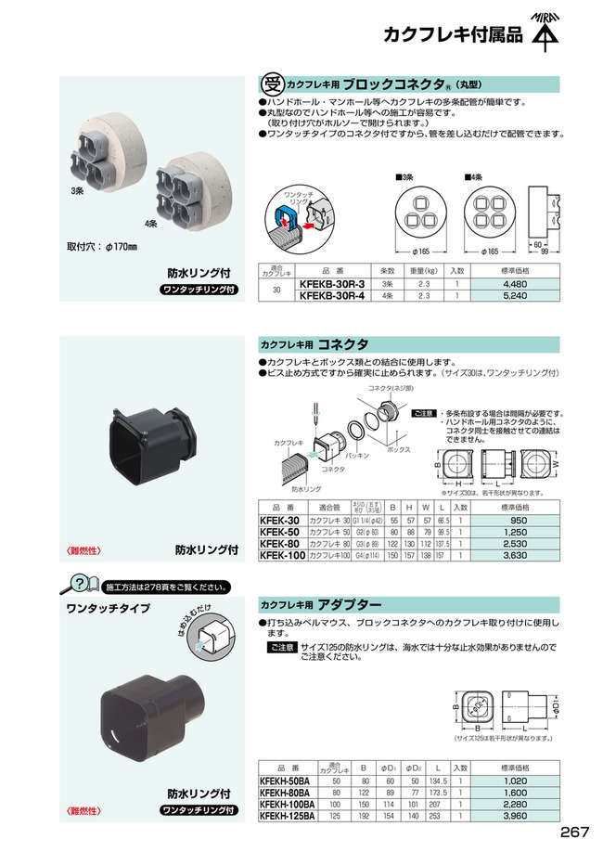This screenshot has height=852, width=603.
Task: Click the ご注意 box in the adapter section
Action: point(282,646)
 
